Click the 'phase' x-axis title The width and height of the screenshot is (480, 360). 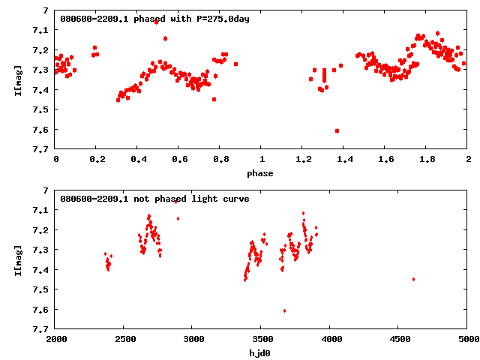(x=262, y=173)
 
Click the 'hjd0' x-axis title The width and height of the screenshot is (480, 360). (x=262, y=353)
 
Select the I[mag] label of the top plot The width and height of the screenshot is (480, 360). (x=17, y=79)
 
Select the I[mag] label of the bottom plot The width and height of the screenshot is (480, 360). (x=17, y=259)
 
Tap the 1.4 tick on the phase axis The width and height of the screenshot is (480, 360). (x=344, y=159)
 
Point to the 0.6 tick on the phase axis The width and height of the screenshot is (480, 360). (x=179, y=159)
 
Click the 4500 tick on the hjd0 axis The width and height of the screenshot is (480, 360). (x=400, y=339)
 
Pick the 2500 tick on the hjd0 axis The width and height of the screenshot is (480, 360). (x=124, y=339)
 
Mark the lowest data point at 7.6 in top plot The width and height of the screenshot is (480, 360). (x=337, y=130)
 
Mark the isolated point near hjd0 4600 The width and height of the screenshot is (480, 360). (x=413, y=279)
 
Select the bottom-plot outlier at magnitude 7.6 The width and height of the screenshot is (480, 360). (x=284, y=310)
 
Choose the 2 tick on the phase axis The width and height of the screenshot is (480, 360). (x=468, y=159)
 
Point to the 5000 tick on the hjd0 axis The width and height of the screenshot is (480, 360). (x=468, y=339)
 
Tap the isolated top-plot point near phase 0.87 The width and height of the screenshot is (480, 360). (x=235, y=64)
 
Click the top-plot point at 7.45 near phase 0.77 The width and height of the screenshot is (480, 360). (x=214, y=99)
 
